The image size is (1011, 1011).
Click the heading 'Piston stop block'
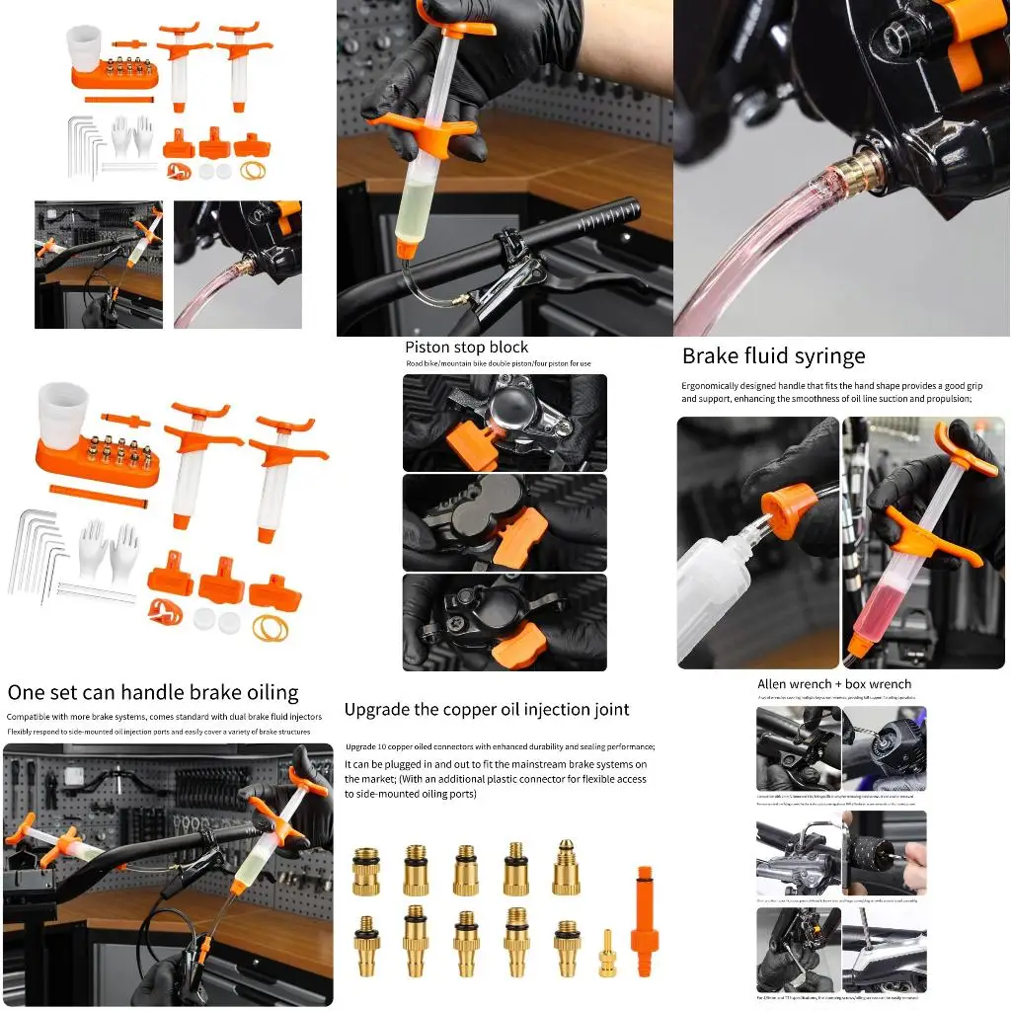[466, 348]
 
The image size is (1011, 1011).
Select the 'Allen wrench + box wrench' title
[834, 684]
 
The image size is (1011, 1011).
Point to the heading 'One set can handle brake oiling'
[153, 692]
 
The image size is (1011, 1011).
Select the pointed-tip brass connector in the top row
[566, 867]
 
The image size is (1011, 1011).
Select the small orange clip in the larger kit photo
[165, 611]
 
